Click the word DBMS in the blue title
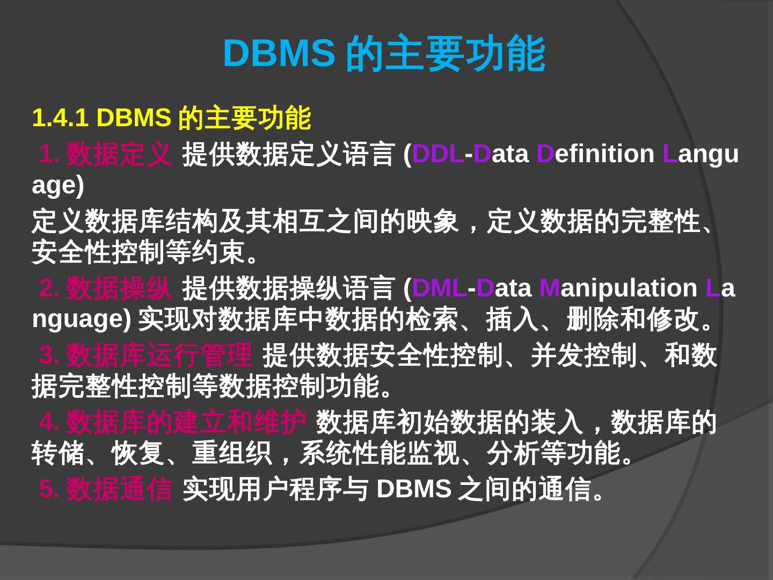coord(279,53)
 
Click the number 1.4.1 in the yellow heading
coord(60,118)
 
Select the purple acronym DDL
coord(437,154)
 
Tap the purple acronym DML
coord(439,288)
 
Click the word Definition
coord(595,154)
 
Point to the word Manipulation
coord(618,288)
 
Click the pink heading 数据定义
coord(119,154)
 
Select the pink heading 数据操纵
coord(119,288)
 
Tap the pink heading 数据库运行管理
coord(159,355)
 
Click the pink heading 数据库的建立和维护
coord(186,422)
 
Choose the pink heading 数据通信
coord(119,489)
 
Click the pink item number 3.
coord(49,355)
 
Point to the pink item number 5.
coord(49,489)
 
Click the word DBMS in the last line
coord(413,489)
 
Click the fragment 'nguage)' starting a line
coord(81,319)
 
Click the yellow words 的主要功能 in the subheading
coord(244,118)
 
